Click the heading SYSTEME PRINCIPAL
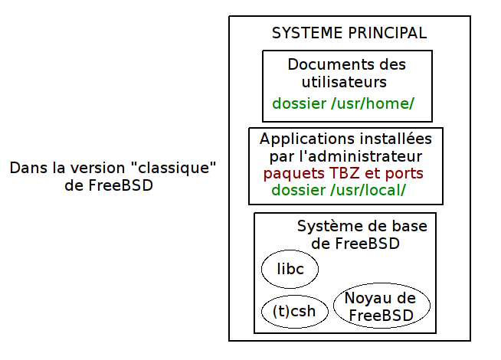tap(349, 34)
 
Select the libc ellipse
tap(290, 270)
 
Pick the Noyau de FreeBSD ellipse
tap(381, 306)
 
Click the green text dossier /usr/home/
tap(343, 103)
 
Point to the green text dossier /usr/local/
tap(339, 190)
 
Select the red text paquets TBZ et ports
tap(343, 173)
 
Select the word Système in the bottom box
tap(326, 227)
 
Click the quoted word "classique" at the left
tap(178, 168)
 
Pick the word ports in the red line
tap(403, 174)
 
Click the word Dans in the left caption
tap(26, 168)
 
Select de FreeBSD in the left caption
tap(109, 185)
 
